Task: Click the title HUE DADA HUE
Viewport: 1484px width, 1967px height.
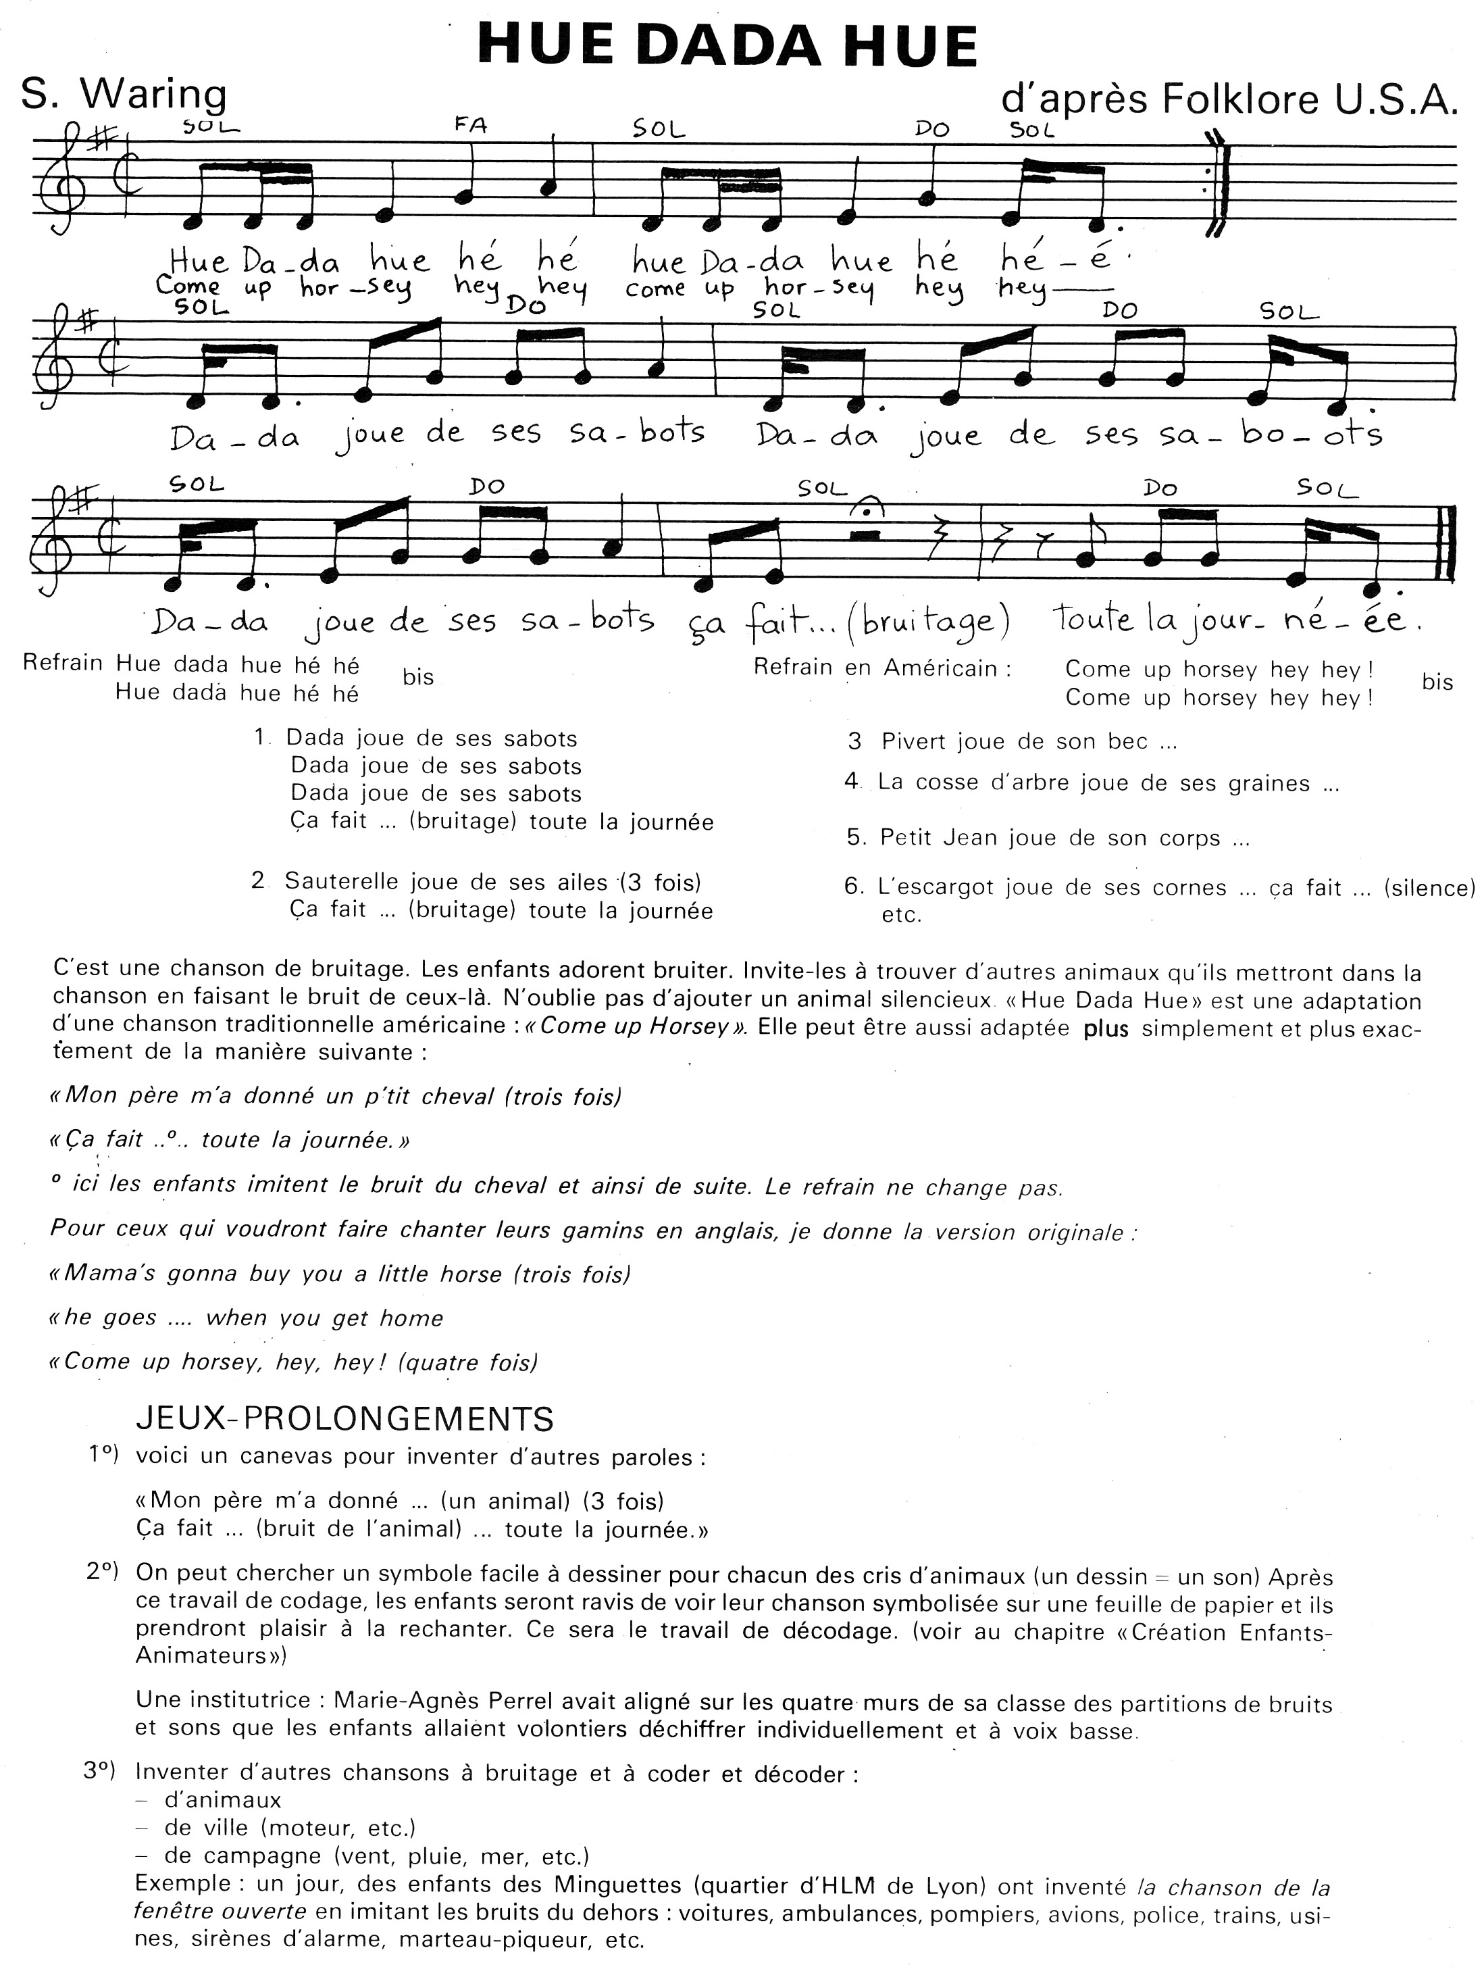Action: [x=727, y=46]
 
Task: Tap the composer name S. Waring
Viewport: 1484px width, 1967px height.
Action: [x=124, y=93]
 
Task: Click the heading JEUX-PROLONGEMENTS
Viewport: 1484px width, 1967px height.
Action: [x=345, y=1418]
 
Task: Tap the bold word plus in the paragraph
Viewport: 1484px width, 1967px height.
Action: [x=1106, y=1029]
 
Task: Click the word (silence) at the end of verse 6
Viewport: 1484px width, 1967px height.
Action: [x=1429, y=887]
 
